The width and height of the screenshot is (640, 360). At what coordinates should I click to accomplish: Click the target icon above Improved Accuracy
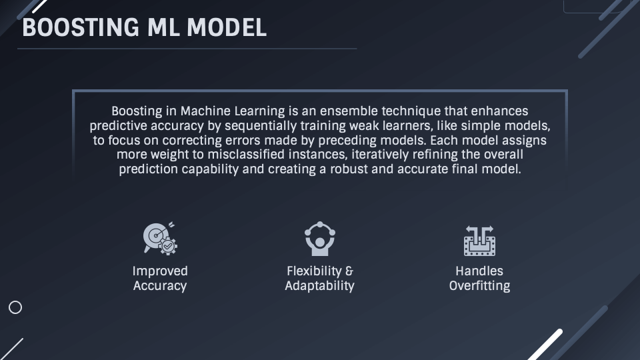pos(159,238)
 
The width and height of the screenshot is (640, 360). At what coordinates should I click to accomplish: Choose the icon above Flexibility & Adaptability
pos(319,238)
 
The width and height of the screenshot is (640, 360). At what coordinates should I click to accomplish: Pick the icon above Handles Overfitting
pos(479,240)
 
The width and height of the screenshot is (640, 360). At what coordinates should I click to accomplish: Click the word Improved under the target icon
pos(160,271)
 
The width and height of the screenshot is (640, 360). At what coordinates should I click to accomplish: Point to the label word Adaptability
pos(319,286)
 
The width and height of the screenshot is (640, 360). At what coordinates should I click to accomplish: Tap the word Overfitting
pos(479,286)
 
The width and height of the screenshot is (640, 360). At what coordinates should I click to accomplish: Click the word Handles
pos(479,271)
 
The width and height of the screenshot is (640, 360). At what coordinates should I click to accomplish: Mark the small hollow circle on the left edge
pos(15,307)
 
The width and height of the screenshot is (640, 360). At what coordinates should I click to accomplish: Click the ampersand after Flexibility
pos(349,271)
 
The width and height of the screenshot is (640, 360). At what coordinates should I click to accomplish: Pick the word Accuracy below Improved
pos(160,286)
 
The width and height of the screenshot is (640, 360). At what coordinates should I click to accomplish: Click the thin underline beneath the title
pos(187,49)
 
